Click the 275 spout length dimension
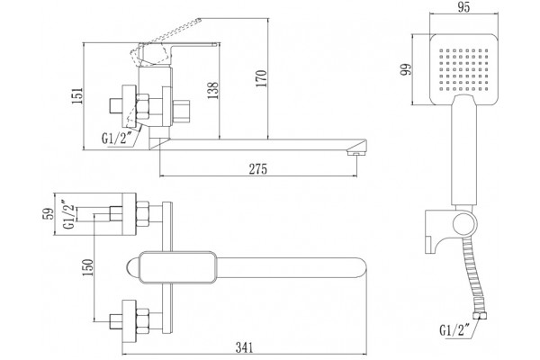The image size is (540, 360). click(258, 169)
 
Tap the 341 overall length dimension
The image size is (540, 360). click(244, 347)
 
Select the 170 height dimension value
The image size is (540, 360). click(261, 78)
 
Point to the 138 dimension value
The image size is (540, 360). click(212, 91)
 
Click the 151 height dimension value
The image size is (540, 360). click(77, 95)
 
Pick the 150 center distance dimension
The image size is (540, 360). click(87, 267)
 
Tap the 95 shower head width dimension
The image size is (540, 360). click(463, 7)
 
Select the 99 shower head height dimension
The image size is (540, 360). click(407, 69)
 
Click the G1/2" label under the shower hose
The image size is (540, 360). click(454, 330)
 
